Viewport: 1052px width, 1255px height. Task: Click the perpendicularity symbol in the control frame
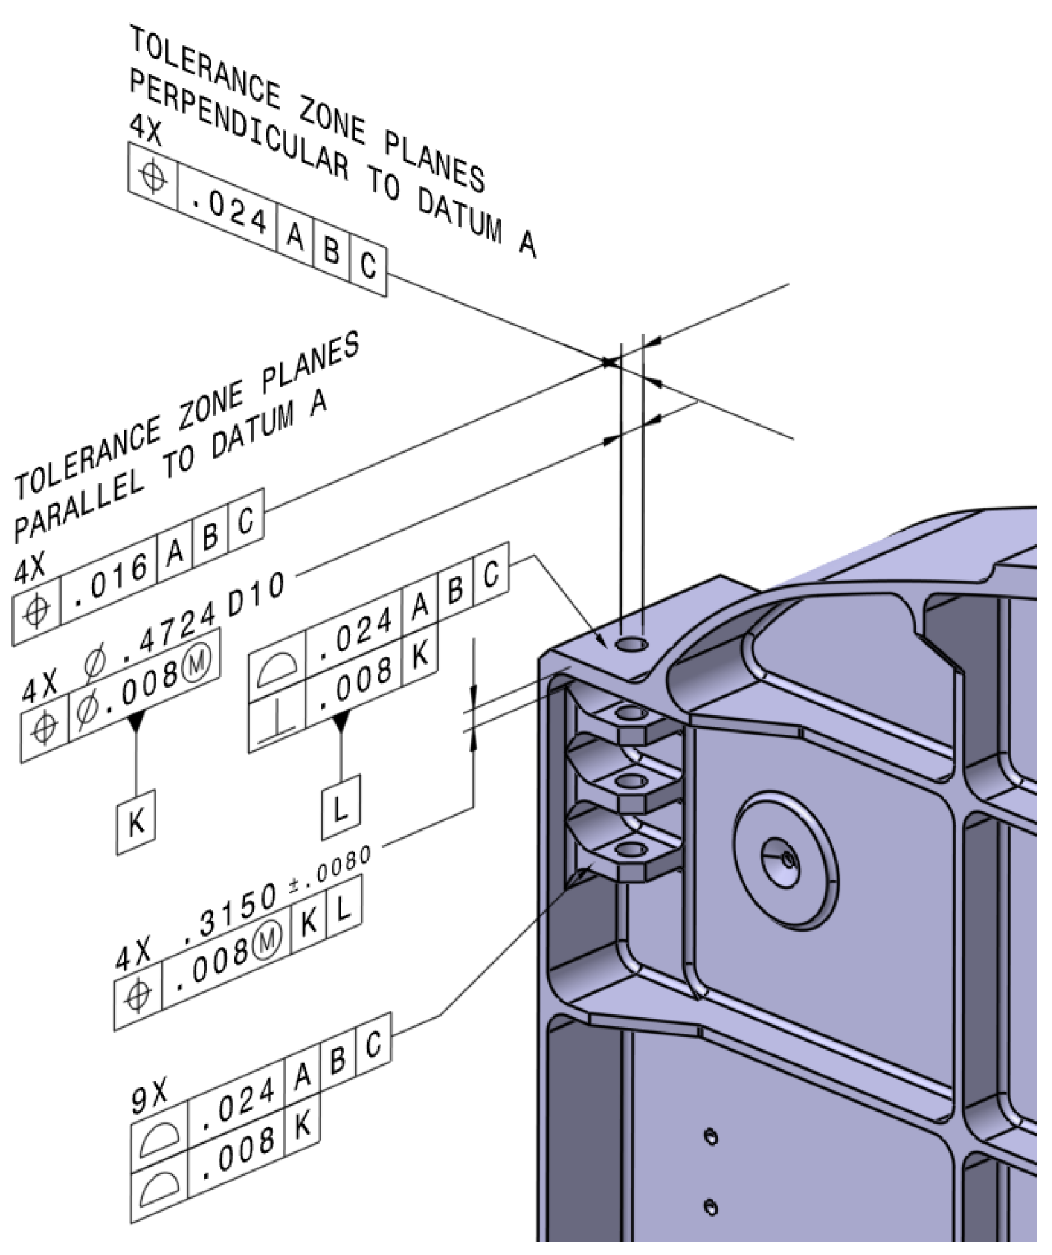click(277, 724)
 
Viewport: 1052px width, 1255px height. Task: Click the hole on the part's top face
click(632, 645)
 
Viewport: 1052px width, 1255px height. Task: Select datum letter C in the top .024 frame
click(368, 265)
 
